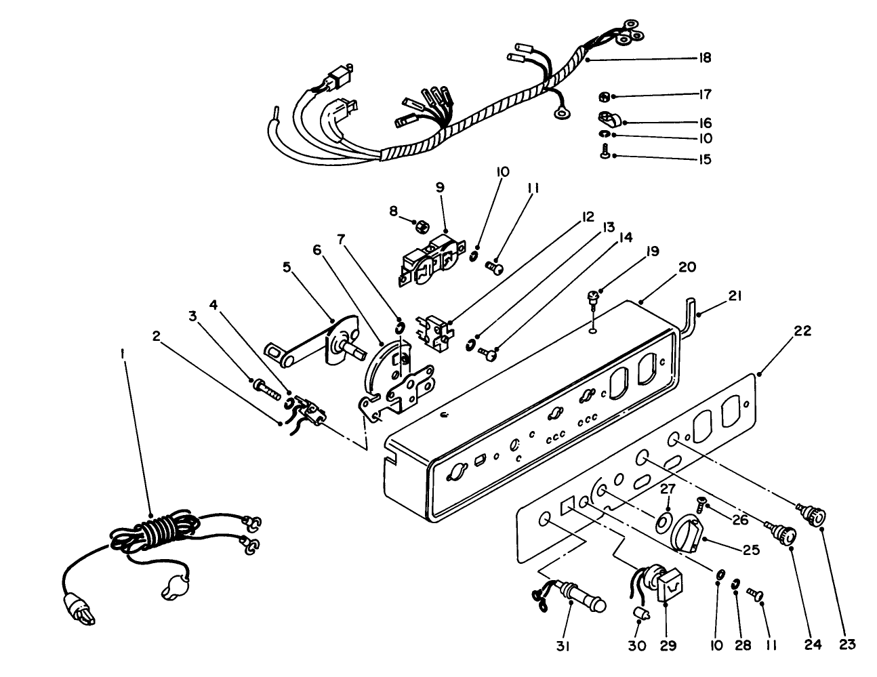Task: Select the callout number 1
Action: [x=123, y=354]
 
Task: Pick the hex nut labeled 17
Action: [x=605, y=95]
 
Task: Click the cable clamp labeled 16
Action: [x=608, y=121]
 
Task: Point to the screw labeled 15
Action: [x=604, y=155]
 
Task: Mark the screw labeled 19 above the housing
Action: [x=592, y=298]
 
